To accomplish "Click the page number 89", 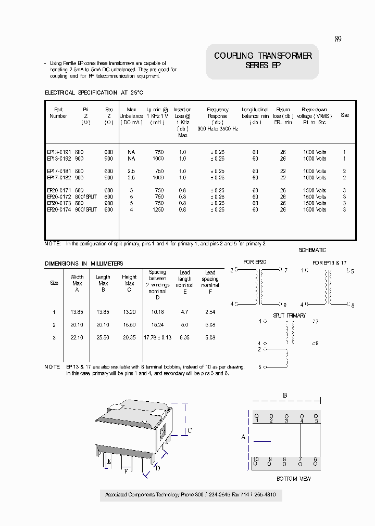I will pyautogui.click(x=338, y=39).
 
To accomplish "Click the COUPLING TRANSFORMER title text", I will pyautogui.click(x=262, y=56).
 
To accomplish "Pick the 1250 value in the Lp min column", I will pyautogui.click(x=158, y=209).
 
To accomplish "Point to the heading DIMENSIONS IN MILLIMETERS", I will pyautogui.click(x=84, y=264).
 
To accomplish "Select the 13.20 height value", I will pyautogui.click(x=129, y=312).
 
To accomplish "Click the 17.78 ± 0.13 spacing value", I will pyautogui.click(x=157, y=338).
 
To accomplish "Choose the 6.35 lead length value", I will pyautogui.click(x=185, y=338).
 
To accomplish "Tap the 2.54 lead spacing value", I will pyautogui.click(x=210, y=312).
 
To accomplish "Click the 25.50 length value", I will pyautogui.click(x=103, y=338).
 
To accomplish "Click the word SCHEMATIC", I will pyautogui.click(x=312, y=250).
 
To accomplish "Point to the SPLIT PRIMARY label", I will pyautogui.click(x=289, y=315).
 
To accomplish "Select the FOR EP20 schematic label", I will pyautogui.click(x=255, y=262).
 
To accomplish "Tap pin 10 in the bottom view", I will pyautogui.click(x=255, y=460).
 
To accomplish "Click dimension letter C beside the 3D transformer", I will pyautogui.click(x=190, y=430).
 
